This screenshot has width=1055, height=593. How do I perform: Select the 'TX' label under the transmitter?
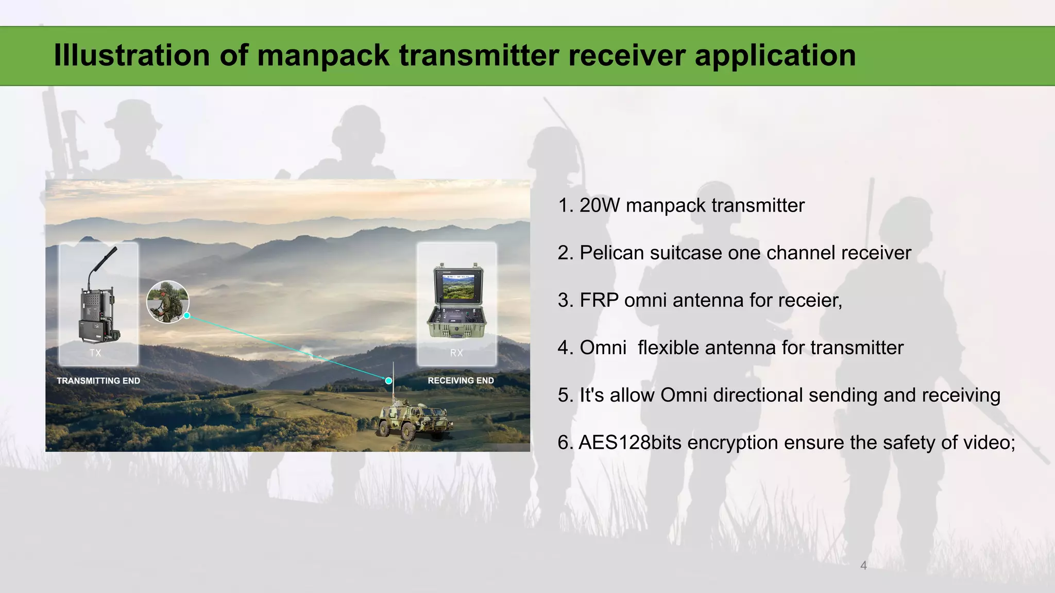pos(95,353)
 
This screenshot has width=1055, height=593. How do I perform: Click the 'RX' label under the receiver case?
pos(456,353)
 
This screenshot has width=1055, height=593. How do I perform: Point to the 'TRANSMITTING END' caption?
pos(98,381)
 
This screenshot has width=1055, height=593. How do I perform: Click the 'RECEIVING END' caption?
pos(461,381)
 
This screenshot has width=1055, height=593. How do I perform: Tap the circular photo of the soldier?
pos(167,302)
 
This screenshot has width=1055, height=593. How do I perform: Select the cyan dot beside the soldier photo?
pos(187,316)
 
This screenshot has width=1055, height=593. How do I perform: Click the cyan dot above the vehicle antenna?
pos(389,381)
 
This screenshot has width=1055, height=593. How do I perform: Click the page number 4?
pos(863,566)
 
